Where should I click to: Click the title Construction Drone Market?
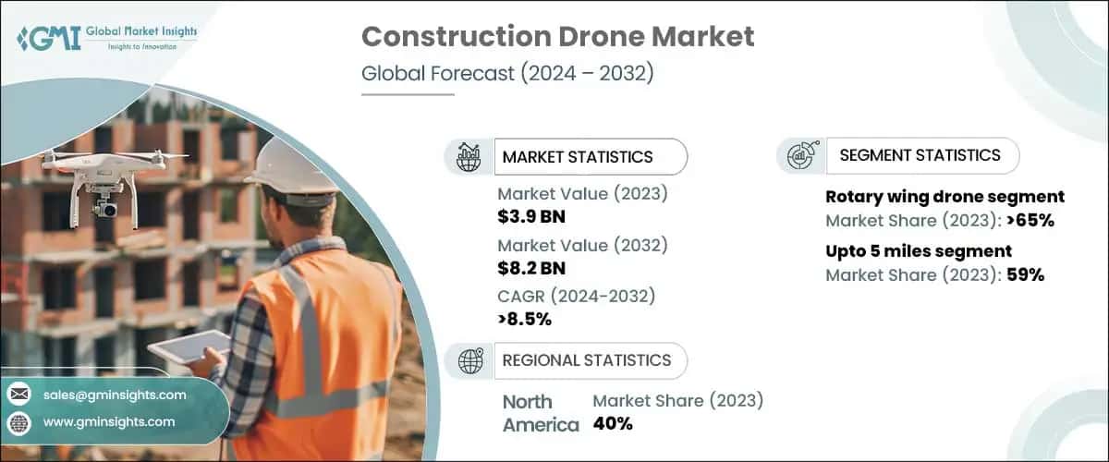(557, 37)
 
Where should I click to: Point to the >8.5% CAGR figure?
(524, 319)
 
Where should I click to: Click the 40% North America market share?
(613, 424)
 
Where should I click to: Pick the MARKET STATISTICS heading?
(577, 157)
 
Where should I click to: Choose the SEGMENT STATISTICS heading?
(920, 155)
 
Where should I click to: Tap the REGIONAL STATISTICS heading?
(586, 360)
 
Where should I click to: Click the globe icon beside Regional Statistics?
(470, 361)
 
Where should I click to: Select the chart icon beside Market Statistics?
(469, 157)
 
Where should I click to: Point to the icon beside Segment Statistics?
(800, 155)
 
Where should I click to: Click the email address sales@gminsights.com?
(115, 395)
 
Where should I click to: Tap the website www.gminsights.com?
(108, 421)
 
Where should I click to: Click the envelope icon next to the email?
(18, 395)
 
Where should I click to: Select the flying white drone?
(110, 180)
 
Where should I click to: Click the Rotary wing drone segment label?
(944, 197)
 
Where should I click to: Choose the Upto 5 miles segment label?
(918, 251)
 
